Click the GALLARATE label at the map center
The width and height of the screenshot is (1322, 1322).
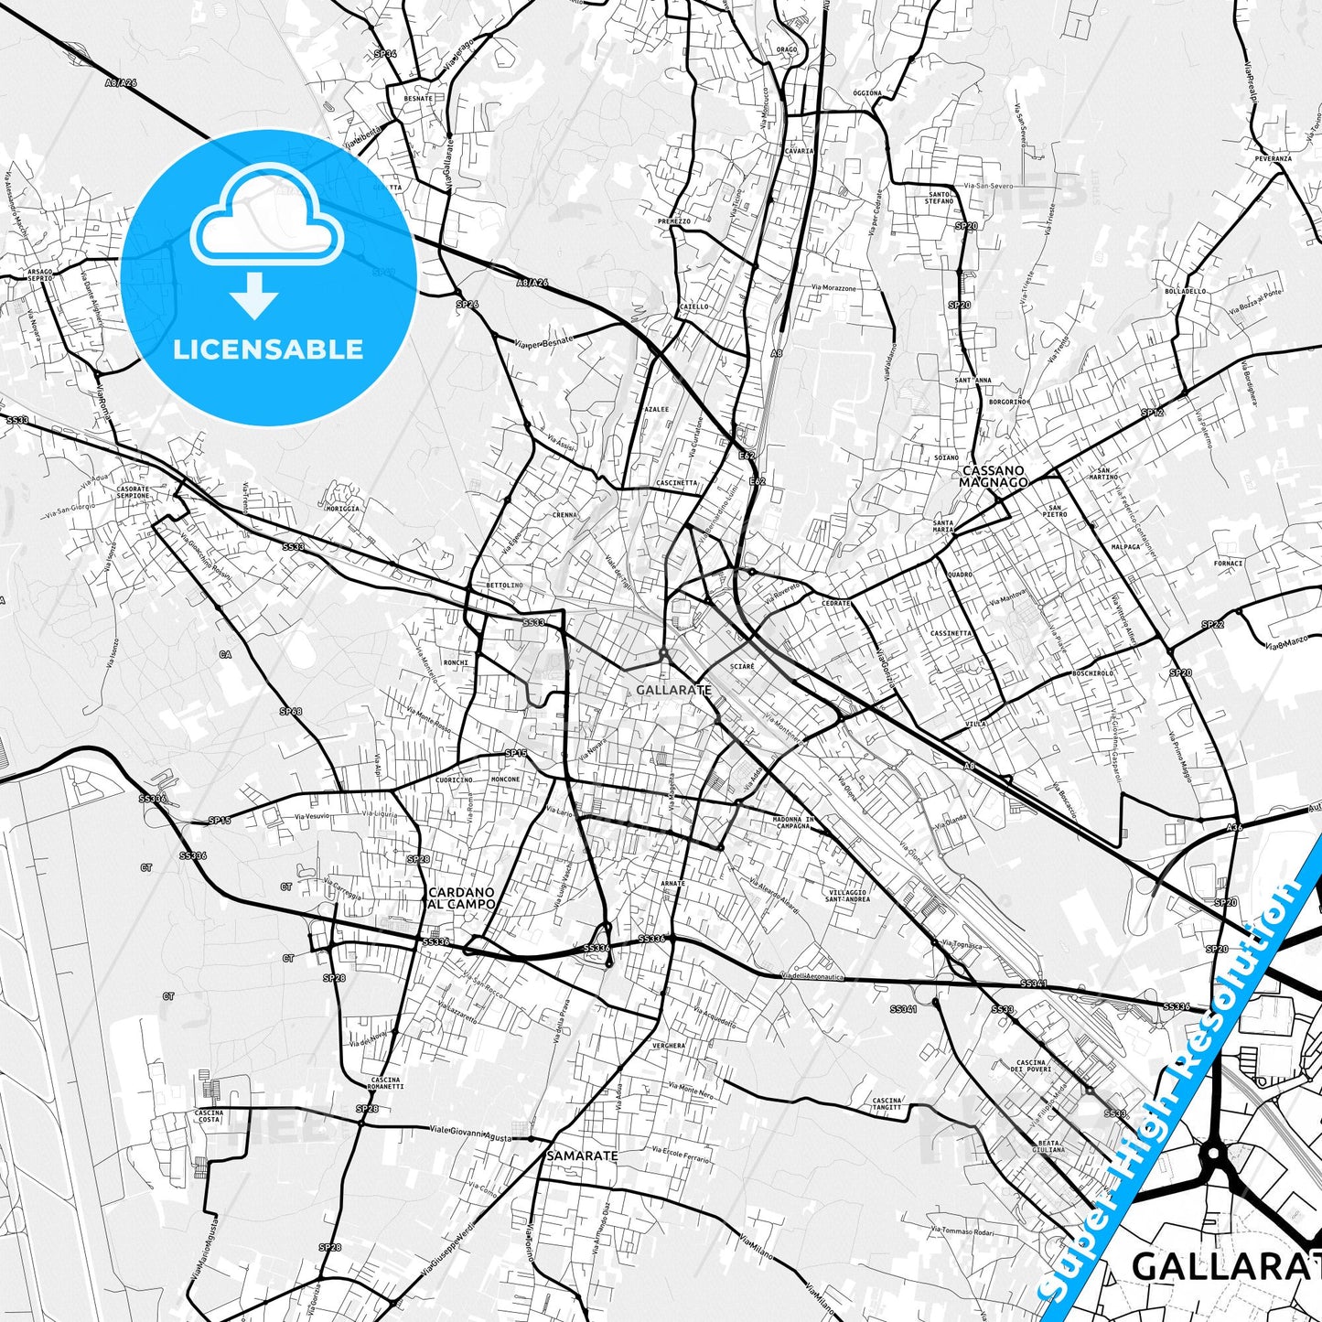pyautogui.click(x=672, y=690)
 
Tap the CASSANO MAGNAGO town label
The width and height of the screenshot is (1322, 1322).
pyautogui.click(x=994, y=477)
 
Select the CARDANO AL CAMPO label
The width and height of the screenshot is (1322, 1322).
pyautogui.click(x=462, y=897)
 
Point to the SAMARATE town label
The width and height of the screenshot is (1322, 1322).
pyautogui.click(x=582, y=1155)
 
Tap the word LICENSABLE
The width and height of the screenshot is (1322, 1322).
pyautogui.click(x=268, y=349)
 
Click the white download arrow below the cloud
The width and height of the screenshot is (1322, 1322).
pyautogui.click(x=254, y=295)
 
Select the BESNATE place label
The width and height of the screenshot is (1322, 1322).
pyautogui.click(x=418, y=98)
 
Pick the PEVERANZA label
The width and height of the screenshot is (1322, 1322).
pyautogui.click(x=1273, y=158)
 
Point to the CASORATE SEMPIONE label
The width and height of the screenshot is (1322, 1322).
pyautogui.click(x=133, y=492)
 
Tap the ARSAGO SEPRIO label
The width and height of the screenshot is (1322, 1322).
pyautogui.click(x=40, y=274)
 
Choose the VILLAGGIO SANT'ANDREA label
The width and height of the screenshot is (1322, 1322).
pyautogui.click(x=846, y=895)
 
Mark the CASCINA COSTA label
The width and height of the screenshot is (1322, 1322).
pyautogui.click(x=209, y=1116)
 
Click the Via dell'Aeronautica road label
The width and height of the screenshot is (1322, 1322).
pyautogui.click(x=813, y=977)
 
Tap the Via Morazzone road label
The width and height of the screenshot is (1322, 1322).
pyautogui.click(x=833, y=288)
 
